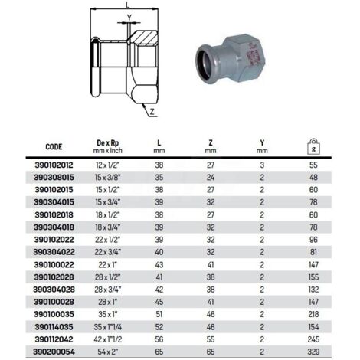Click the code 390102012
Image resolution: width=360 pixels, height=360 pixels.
pos(54,165)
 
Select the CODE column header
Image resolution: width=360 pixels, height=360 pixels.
pos(54,147)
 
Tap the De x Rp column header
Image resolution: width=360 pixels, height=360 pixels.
pos(108,147)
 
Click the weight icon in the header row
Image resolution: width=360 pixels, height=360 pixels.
pos(313,146)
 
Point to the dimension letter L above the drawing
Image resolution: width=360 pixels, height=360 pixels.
pos(128,5)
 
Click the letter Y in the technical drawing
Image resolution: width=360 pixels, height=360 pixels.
pos(129,18)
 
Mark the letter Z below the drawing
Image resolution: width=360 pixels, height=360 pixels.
pos(152,112)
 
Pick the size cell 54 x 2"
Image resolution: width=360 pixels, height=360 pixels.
pos(108,352)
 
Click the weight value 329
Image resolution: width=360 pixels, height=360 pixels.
pos(313,352)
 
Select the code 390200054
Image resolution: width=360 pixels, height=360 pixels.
pos(54,352)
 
